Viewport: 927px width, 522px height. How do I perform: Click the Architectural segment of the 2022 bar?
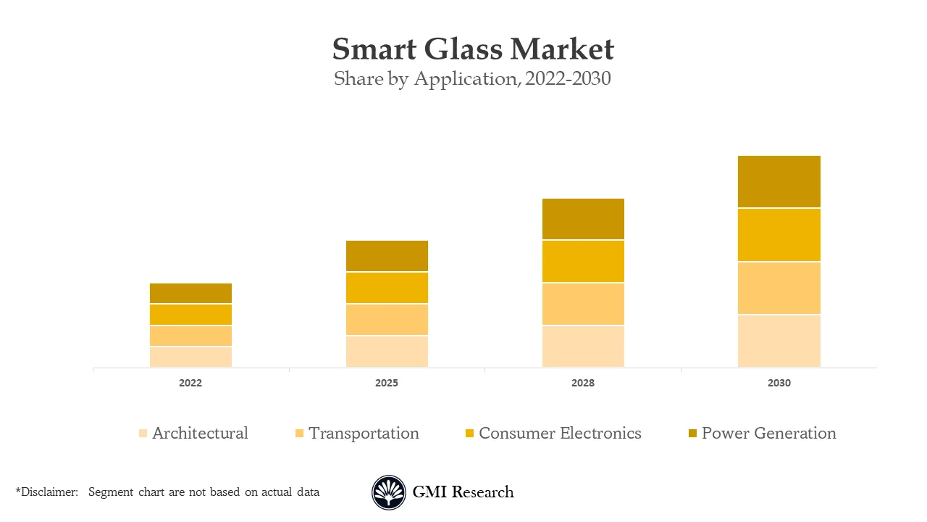tap(190, 357)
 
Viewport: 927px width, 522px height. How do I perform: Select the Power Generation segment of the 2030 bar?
tap(779, 181)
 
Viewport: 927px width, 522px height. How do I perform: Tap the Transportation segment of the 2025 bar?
tap(387, 320)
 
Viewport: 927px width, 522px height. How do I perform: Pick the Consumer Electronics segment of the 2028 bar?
tap(583, 261)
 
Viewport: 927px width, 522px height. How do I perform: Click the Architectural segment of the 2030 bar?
tap(779, 341)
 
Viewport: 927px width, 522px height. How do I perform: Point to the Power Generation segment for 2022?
tap(190, 293)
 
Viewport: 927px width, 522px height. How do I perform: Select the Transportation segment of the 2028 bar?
tap(583, 304)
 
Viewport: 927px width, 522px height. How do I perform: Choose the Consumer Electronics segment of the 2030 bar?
tap(779, 235)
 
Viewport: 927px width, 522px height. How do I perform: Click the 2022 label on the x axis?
tap(190, 383)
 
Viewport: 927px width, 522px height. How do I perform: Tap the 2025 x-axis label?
tap(387, 383)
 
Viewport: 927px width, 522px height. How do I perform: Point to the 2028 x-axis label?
tap(583, 383)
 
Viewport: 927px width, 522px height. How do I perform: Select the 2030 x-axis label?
tap(779, 383)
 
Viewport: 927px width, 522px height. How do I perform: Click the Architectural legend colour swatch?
tap(143, 434)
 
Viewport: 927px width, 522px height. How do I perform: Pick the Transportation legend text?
tap(364, 434)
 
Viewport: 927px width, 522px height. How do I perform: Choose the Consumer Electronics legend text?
tap(560, 434)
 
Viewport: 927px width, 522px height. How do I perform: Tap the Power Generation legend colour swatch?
tap(692, 434)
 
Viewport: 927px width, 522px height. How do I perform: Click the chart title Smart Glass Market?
tap(473, 49)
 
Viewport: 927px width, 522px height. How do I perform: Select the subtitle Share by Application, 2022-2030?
tap(472, 78)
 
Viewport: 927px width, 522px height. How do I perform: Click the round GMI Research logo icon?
tap(389, 492)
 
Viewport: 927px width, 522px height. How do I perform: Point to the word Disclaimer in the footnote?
tap(49, 492)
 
